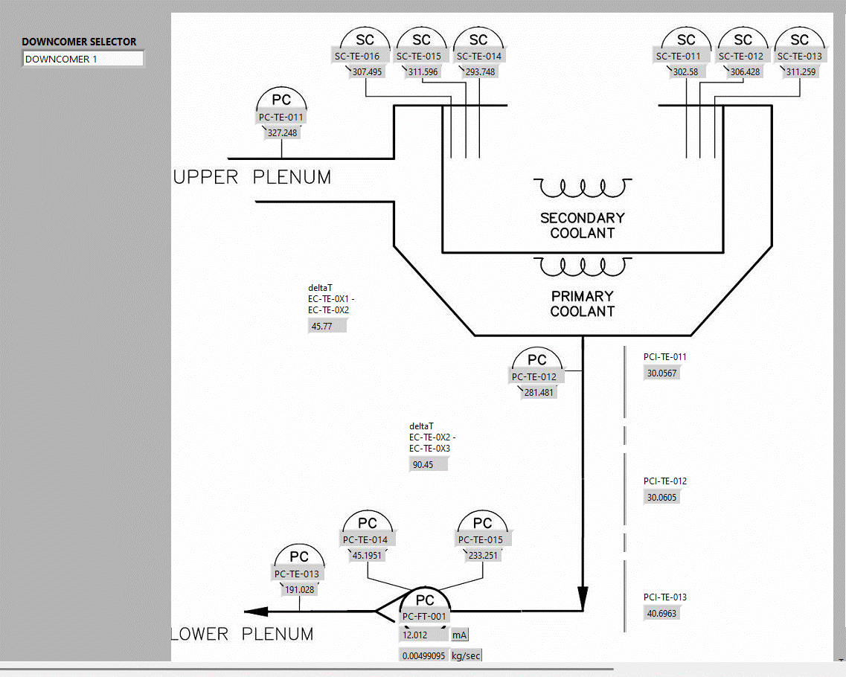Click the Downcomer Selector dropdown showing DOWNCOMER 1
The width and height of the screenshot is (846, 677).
point(83,59)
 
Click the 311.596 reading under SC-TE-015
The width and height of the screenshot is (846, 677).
point(423,72)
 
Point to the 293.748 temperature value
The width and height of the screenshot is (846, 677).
point(480,72)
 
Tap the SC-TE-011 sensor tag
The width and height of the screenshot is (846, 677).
point(678,56)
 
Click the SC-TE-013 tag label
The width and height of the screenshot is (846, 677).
point(800,56)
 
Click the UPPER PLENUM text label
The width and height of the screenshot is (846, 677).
point(252,177)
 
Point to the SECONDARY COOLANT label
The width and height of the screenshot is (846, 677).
point(582,225)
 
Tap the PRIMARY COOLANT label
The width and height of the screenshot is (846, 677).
point(582,304)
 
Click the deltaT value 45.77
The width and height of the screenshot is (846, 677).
point(327,326)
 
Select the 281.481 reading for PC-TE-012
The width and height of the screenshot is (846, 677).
point(539,393)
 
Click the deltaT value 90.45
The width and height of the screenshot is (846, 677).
point(429,464)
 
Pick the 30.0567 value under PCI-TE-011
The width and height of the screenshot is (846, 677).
point(661,373)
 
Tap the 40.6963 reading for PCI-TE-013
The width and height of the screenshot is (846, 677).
point(661,614)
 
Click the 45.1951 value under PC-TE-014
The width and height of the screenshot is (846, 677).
point(367,555)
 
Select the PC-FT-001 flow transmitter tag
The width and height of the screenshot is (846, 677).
point(425,616)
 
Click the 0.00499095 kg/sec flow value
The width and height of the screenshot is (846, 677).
point(424,656)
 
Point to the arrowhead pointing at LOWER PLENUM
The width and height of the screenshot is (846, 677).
point(257,612)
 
